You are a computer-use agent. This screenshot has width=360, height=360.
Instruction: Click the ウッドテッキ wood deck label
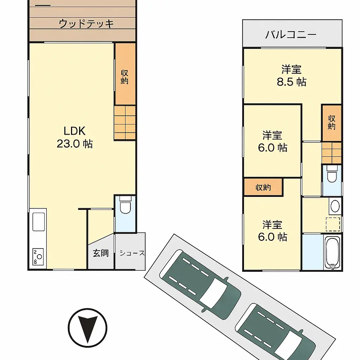pyautogui.click(x=86, y=24)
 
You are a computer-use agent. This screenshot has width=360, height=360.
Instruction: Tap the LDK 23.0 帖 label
pyautogui.click(x=75, y=137)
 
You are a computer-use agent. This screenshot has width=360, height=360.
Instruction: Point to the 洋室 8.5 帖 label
pyautogui.click(x=291, y=76)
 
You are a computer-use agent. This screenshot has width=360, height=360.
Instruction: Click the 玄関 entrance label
pyautogui.click(x=101, y=253)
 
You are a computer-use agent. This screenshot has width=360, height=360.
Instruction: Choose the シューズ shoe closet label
pyautogui.click(x=131, y=253)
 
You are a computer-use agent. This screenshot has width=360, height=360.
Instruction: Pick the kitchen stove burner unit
pyautogui.click(x=37, y=257)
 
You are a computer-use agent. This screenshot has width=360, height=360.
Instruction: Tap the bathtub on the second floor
pyautogui.click(x=333, y=252)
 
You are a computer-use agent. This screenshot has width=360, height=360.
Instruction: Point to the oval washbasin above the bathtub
pyautogui.click(x=335, y=206)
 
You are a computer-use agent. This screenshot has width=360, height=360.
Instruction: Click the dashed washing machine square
pyautogui.click(x=333, y=224)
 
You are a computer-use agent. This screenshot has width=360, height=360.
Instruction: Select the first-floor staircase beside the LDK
pyautogui.click(x=125, y=123)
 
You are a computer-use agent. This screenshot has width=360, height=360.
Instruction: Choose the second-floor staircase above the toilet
pyautogui.click(x=332, y=152)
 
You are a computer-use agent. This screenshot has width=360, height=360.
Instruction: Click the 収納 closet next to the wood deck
pyautogui.click(x=125, y=74)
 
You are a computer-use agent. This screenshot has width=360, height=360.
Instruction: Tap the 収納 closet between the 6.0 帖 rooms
pyautogui.click(x=263, y=187)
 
